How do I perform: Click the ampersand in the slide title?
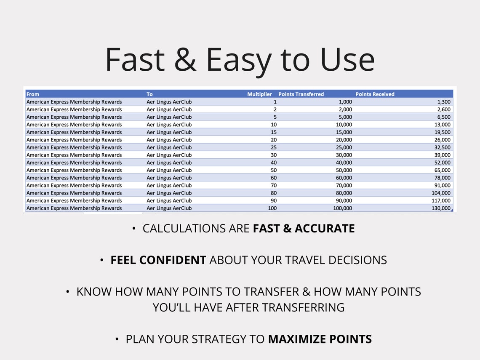(x=185, y=60)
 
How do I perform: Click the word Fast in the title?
(x=135, y=60)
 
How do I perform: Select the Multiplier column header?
(x=259, y=94)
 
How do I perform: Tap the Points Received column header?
(x=375, y=94)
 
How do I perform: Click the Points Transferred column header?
(x=301, y=94)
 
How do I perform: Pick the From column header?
(x=33, y=94)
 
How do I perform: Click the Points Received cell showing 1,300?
(x=443, y=102)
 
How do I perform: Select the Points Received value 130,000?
(x=440, y=208)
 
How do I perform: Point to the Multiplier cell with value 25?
(x=274, y=147)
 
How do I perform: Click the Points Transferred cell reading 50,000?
(x=343, y=170)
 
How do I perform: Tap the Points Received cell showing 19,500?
(x=442, y=132)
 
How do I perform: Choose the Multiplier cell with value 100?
(x=272, y=208)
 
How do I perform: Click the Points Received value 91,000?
(x=442, y=185)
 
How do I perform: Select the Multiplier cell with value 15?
(x=274, y=132)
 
